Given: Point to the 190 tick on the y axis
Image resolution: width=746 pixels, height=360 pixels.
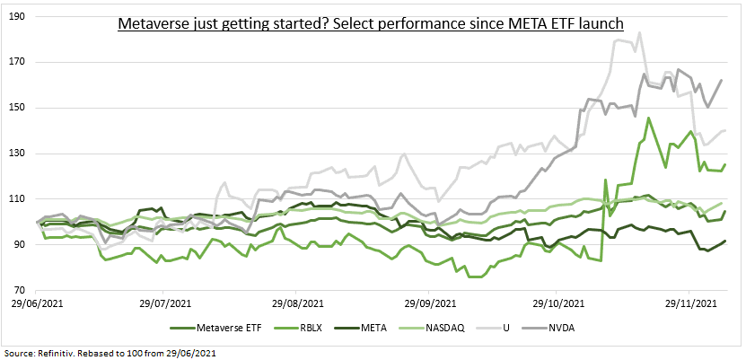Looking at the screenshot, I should tap(18, 16).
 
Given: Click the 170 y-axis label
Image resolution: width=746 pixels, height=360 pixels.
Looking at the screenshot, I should tap(18, 62).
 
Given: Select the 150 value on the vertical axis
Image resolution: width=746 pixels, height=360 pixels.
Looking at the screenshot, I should tap(18, 108).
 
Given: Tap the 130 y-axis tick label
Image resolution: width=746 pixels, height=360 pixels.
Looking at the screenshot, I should tap(18, 154).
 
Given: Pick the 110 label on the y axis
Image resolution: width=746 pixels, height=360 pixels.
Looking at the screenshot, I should tap(18, 198).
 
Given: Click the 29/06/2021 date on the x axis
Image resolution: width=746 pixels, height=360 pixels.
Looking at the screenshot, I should tap(37, 303).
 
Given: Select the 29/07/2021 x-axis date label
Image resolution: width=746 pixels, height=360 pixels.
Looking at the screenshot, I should tap(166, 303).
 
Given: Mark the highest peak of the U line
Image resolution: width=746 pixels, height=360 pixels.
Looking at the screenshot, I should tap(639, 33).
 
